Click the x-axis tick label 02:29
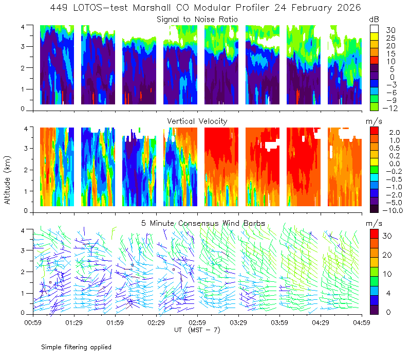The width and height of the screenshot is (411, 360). tap(156, 322)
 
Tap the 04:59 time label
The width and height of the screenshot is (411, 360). tap(362, 322)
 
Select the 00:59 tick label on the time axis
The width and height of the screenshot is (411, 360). tap(33, 322)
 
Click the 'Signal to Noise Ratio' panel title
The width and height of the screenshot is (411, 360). tap(197, 20)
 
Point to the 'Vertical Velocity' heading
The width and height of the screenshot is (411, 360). tap(197, 121)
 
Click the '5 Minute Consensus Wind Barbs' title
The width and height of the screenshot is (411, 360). tap(203, 223)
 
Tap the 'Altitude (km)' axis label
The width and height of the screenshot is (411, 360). tap(7, 180)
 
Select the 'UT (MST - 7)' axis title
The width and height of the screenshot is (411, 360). tap(197, 330)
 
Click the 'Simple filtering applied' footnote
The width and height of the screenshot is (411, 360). tap(76, 347)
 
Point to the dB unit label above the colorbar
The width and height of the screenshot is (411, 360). tap(374, 20)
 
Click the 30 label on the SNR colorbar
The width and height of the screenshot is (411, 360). tap(390, 30)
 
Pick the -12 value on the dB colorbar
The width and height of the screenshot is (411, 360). tap(390, 108)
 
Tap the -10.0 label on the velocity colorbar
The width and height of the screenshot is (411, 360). tap(393, 210)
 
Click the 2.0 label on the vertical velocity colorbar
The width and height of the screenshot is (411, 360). tap(395, 133)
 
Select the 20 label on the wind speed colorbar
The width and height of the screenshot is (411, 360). tap(387, 255)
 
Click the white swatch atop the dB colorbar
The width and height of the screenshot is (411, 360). tap(374, 29)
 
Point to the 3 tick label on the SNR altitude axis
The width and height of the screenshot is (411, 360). tap(23, 46)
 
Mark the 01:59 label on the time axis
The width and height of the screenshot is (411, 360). tap(115, 322)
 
